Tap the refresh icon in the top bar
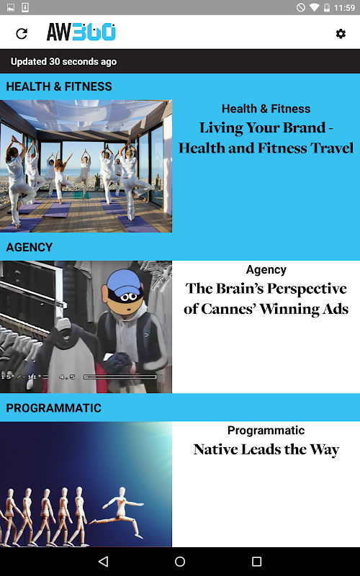[x=22, y=33]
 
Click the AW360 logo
[x=81, y=32]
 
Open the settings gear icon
[x=341, y=34]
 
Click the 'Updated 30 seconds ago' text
[x=63, y=61]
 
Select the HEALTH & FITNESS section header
[x=59, y=86]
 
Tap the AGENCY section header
[x=30, y=247]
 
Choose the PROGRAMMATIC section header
[x=53, y=408]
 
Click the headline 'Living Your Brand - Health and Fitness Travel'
[x=266, y=138]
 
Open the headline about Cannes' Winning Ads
[x=266, y=299]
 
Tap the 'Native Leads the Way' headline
[x=266, y=449]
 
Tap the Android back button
[x=103, y=561]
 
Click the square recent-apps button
[x=256, y=561]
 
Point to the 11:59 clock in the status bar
[x=344, y=7]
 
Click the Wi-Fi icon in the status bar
[x=315, y=7]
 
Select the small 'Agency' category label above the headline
[x=266, y=269]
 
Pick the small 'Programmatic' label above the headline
[x=266, y=431]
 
